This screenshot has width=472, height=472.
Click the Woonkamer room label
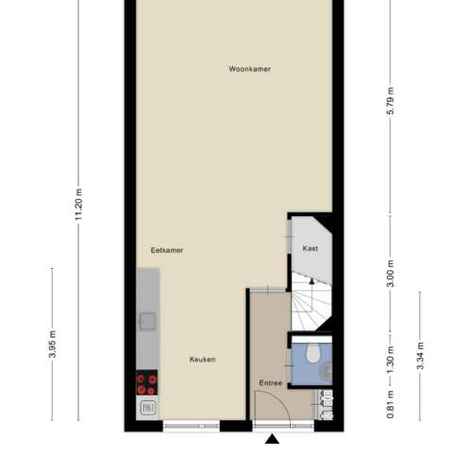point(249,69)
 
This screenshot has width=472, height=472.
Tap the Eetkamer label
point(167,250)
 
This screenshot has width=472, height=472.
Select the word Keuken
point(202,360)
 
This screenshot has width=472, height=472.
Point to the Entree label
point(270,383)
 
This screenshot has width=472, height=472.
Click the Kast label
point(310,248)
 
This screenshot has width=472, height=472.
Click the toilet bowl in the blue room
point(312,352)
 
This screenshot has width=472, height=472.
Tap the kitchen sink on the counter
point(147,321)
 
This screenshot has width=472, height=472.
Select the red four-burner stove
point(146,382)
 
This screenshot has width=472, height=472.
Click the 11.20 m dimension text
point(78,205)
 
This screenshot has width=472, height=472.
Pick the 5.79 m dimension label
point(390,101)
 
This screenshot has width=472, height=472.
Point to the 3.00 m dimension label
point(390,274)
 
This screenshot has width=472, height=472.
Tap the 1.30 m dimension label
point(390,360)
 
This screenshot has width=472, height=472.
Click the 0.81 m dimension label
point(390,405)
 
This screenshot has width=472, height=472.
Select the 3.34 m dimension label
point(420,356)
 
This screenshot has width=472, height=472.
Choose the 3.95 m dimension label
point(53,345)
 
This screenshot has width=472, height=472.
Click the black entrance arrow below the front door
point(272,439)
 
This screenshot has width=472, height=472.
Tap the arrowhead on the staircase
point(312,281)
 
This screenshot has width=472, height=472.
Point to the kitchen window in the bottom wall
point(192,426)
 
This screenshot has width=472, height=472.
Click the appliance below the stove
point(147,408)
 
